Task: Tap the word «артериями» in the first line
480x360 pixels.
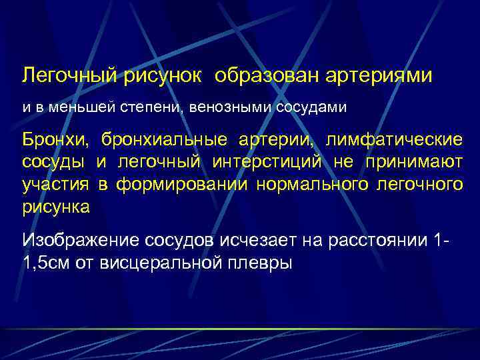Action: click(x=379, y=75)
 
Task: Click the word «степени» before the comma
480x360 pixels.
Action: click(x=154, y=107)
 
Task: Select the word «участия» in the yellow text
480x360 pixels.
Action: click(x=57, y=185)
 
